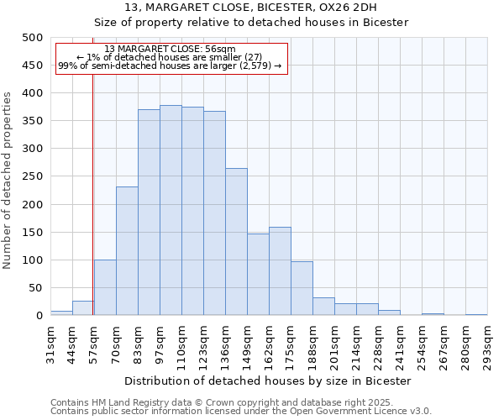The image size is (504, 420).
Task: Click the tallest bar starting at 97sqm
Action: (171, 210)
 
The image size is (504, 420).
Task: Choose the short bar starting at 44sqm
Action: (83, 307)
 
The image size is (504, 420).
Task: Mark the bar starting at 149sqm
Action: (258, 274)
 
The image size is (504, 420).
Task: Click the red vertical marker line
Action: (92, 185)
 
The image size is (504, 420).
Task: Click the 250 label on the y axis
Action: (31, 176)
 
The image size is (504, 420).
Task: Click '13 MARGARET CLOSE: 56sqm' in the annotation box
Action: (171, 50)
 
